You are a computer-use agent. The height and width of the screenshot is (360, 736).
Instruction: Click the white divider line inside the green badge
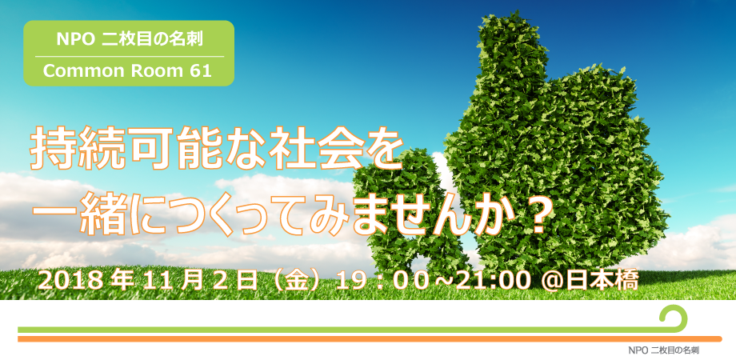tap(130, 56)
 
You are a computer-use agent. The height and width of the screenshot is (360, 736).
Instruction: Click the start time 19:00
tap(383, 281)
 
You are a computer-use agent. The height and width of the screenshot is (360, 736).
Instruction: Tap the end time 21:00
tap(486, 281)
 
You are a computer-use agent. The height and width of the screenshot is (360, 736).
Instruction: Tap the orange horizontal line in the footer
tap(370, 339)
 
